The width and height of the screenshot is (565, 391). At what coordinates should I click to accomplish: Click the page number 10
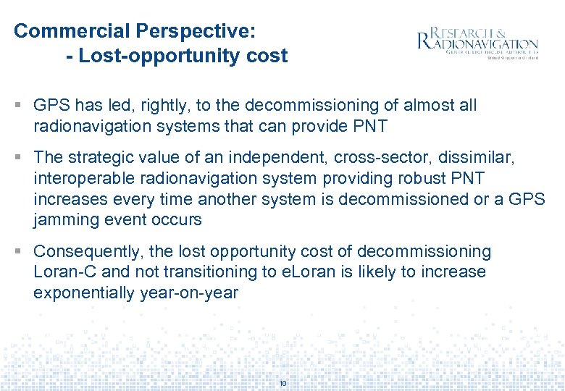tap(282, 383)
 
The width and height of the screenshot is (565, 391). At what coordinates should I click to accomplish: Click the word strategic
tap(103, 157)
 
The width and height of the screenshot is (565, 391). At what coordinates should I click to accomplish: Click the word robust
tap(451, 178)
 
